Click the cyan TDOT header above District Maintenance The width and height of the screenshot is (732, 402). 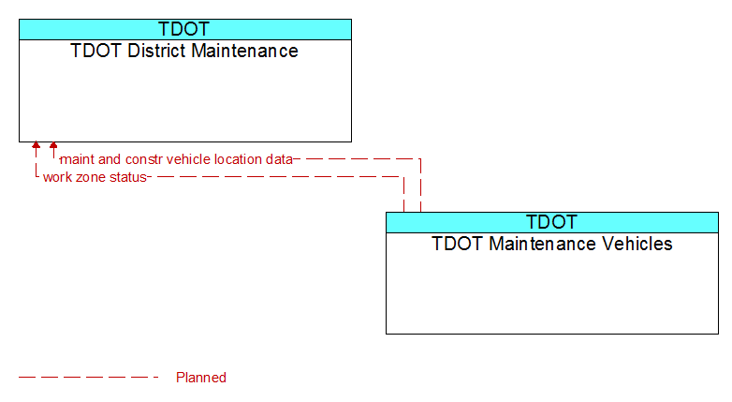pyautogui.click(x=184, y=29)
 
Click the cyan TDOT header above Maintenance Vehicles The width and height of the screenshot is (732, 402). pyautogui.click(x=551, y=222)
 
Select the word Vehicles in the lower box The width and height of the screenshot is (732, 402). pyautogui.click(x=637, y=244)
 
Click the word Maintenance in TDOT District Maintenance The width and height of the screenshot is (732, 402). pyautogui.click(x=244, y=51)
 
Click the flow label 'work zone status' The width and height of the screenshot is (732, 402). pyautogui.click(x=95, y=177)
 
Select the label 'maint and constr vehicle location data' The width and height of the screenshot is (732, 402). pyautogui.click(x=177, y=159)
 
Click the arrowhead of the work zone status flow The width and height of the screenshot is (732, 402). pyautogui.click(x=36, y=145)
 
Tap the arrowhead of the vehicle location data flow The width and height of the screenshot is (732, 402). pyautogui.click(x=53, y=145)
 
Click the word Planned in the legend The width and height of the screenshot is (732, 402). pyautogui.click(x=201, y=378)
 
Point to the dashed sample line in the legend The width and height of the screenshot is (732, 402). pyautogui.click(x=89, y=378)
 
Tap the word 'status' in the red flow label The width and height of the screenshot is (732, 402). pyautogui.click(x=129, y=178)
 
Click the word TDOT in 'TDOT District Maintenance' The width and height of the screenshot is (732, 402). pyautogui.click(x=96, y=51)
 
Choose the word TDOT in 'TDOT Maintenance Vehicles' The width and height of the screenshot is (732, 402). pyautogui.click(x=458, y=244)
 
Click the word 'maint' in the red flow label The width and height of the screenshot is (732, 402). pyautogui.click(x=78, y=159)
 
